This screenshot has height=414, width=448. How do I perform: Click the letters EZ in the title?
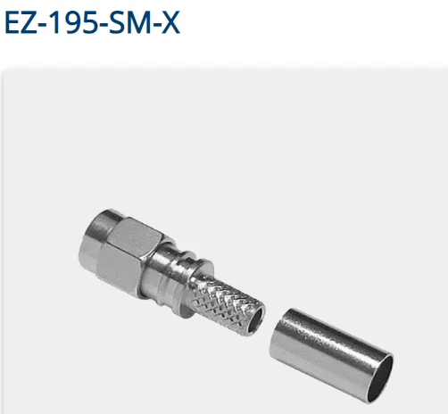coord(21,22)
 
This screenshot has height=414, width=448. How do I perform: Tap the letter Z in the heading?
coord(29,22)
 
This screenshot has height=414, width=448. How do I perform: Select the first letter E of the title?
coord(12,22)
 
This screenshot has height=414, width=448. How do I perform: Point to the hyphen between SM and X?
coord(154,25)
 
